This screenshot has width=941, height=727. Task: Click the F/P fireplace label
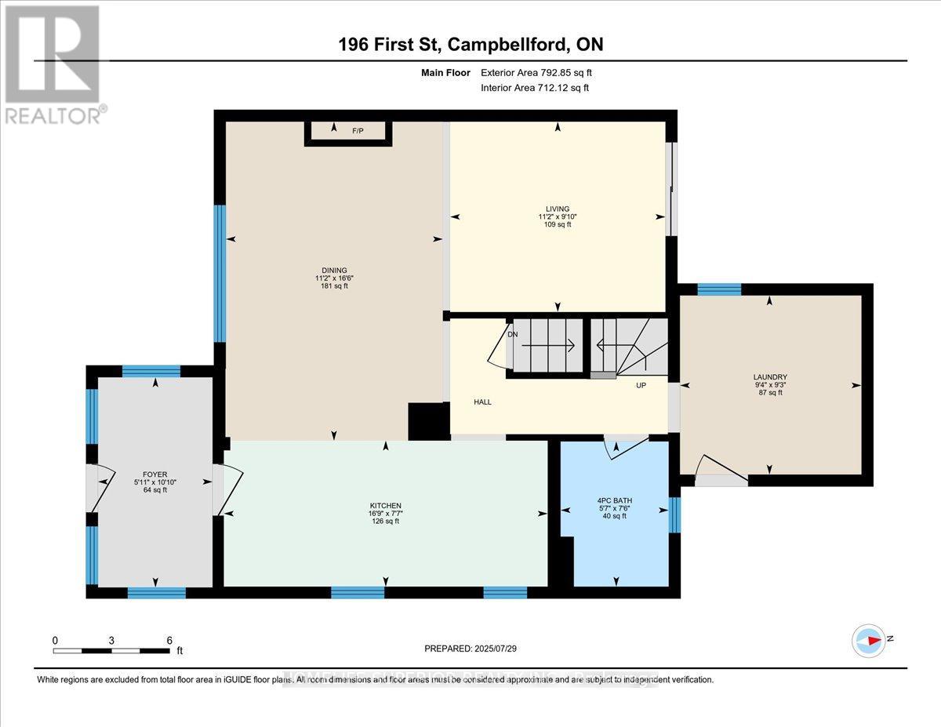click(358, 132)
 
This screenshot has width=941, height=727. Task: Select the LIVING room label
click(558, 209)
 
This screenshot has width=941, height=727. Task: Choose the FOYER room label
click(150, 473)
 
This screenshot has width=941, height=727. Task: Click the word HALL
click(482, 402)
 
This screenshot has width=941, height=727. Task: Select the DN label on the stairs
click(513, 334)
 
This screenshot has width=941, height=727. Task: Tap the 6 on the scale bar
click(169, 640)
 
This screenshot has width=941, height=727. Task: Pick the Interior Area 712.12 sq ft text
click(534, 88)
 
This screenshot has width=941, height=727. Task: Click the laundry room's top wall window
click(719, 289)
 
